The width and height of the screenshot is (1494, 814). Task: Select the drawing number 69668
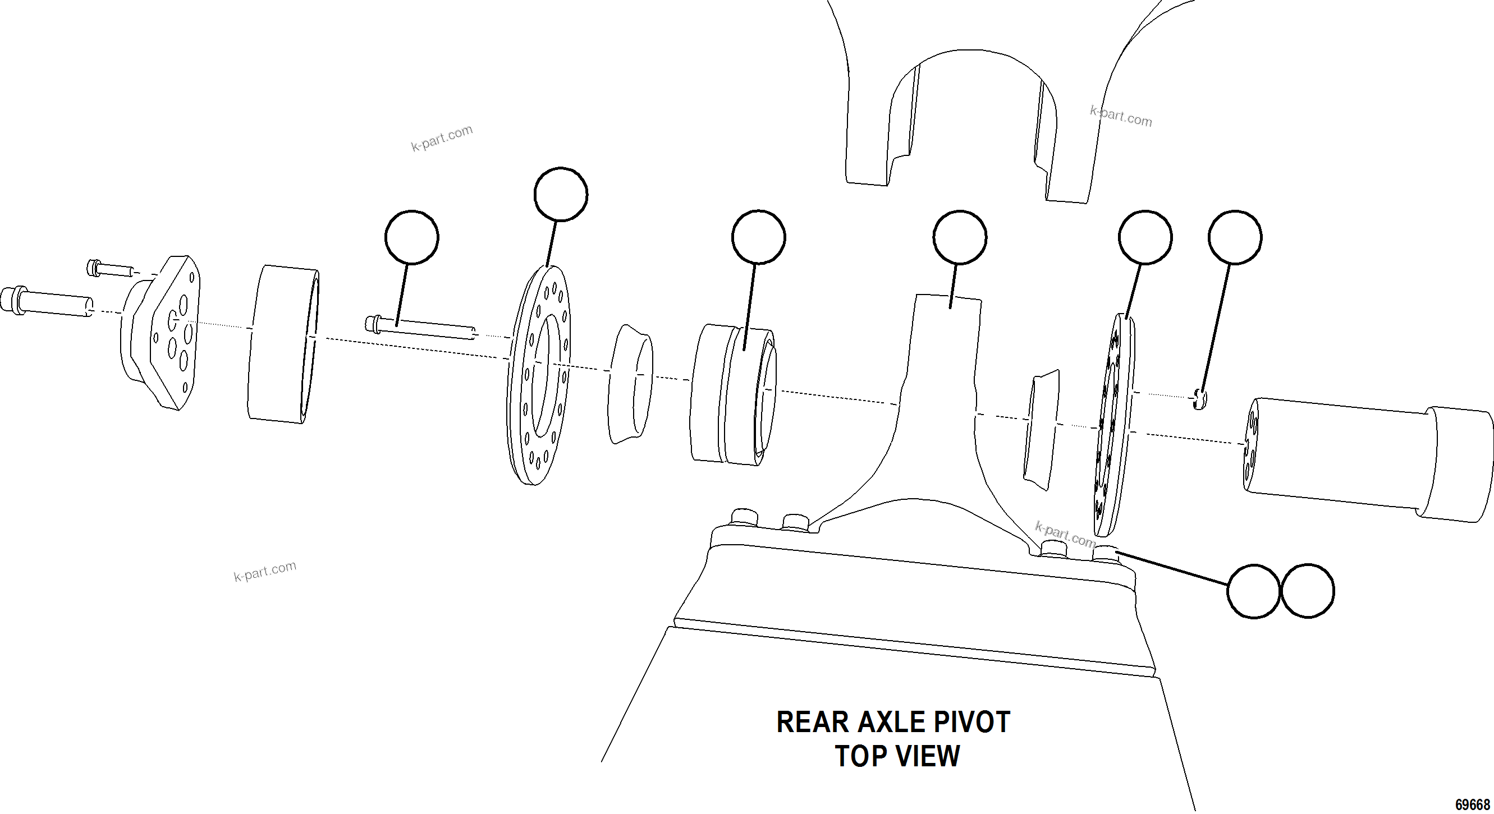1472,805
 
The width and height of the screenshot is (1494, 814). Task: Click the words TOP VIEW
897,756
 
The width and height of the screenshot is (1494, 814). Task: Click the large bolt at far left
47,302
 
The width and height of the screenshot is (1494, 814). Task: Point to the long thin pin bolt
421,328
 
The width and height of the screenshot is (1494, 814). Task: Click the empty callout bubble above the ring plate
560,194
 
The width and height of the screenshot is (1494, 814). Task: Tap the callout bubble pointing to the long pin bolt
411,237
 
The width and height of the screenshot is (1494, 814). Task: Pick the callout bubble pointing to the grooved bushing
758,237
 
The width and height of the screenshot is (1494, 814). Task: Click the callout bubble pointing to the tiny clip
1235,237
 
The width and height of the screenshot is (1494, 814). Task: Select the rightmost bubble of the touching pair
1307,591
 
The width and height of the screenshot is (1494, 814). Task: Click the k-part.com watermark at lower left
265,571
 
